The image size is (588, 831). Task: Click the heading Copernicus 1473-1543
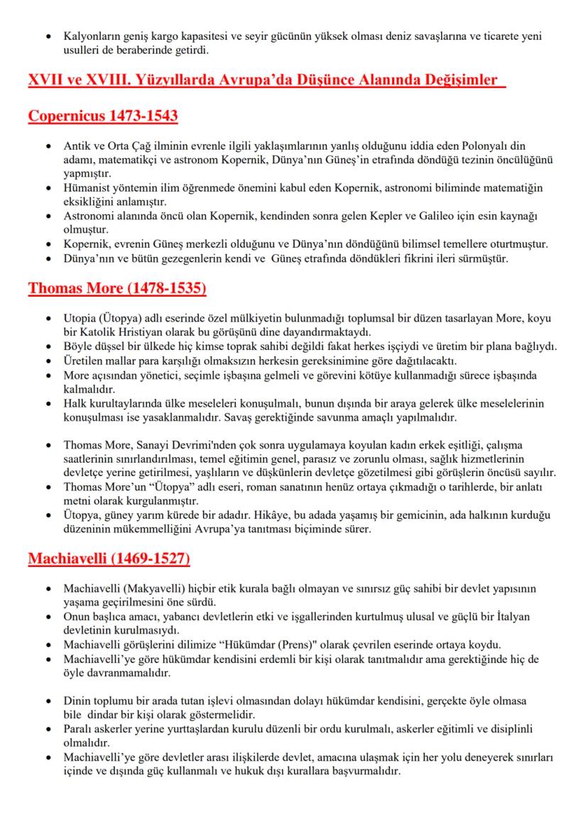coord(103,116)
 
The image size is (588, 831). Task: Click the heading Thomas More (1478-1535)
coord(117,289)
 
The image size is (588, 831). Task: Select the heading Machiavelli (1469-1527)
coord(109,558)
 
